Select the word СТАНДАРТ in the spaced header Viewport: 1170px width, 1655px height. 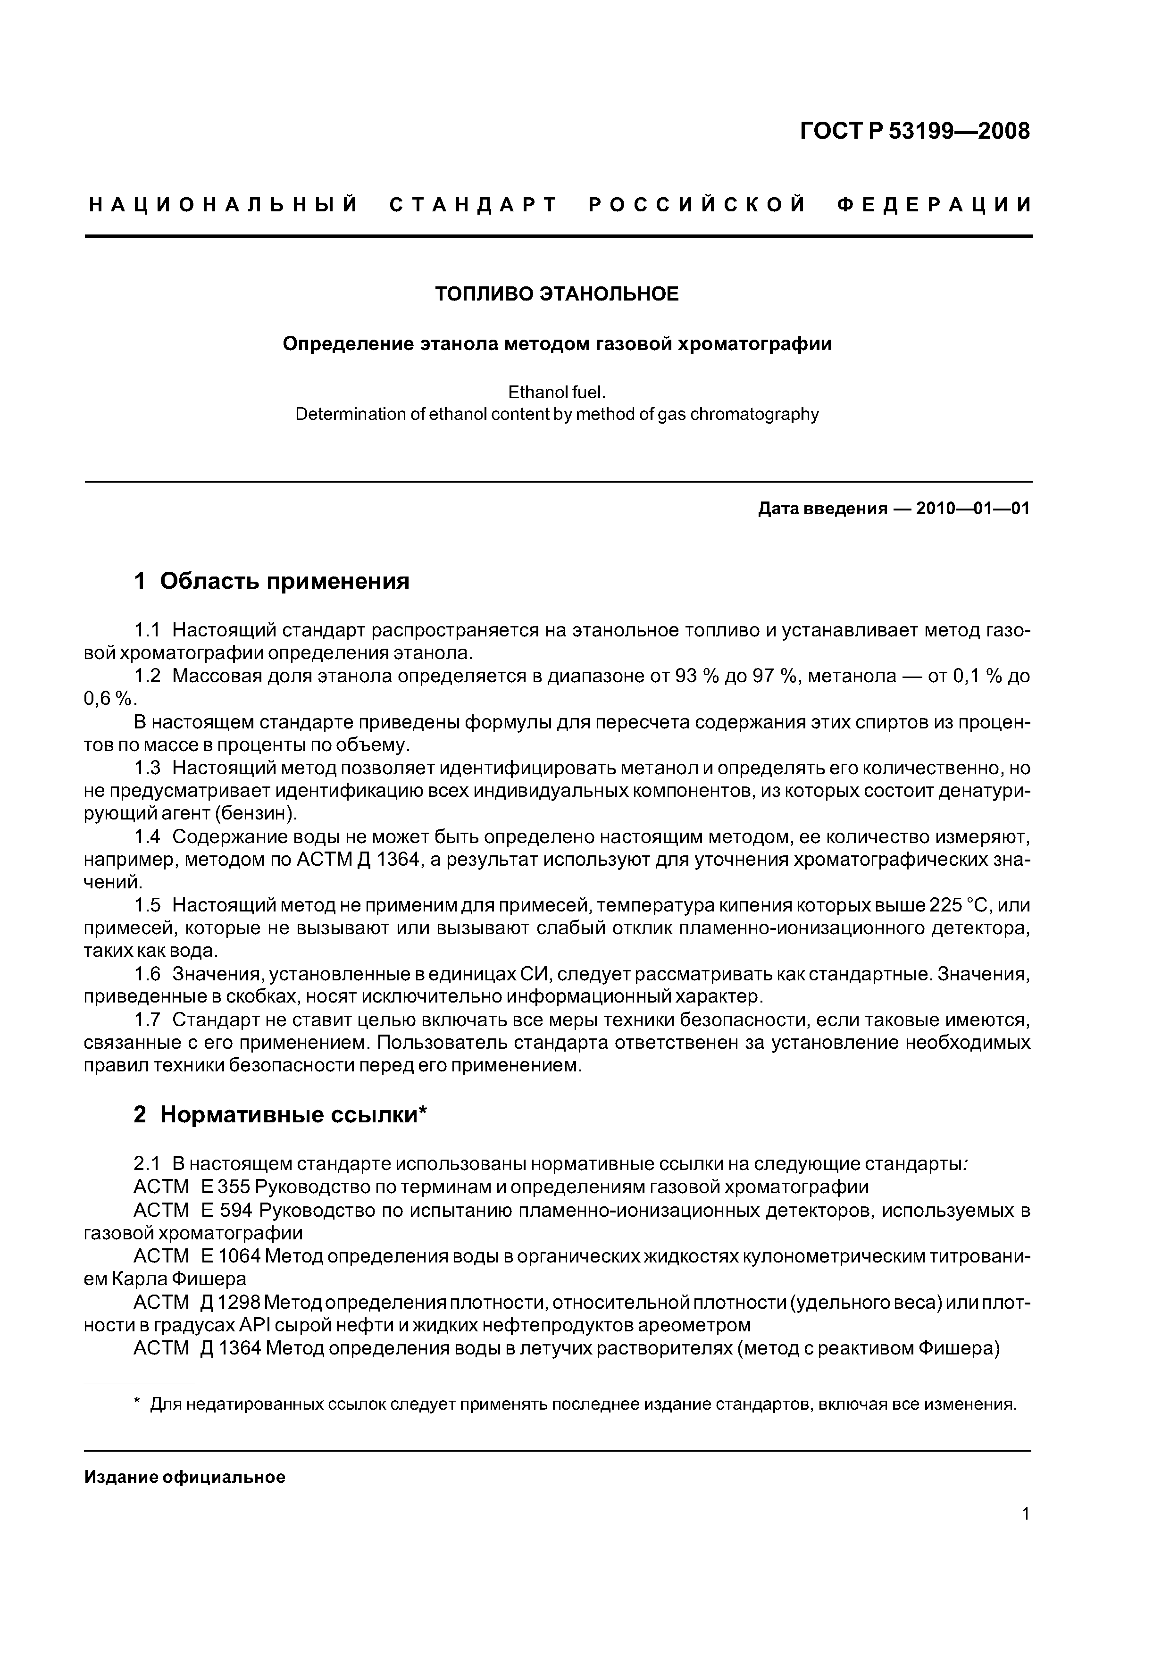point(474,205)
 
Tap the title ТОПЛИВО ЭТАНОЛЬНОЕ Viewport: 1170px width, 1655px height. point(557,294)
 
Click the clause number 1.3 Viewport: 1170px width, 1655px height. point(147,769)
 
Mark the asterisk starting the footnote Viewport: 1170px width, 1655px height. point(137,1404)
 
